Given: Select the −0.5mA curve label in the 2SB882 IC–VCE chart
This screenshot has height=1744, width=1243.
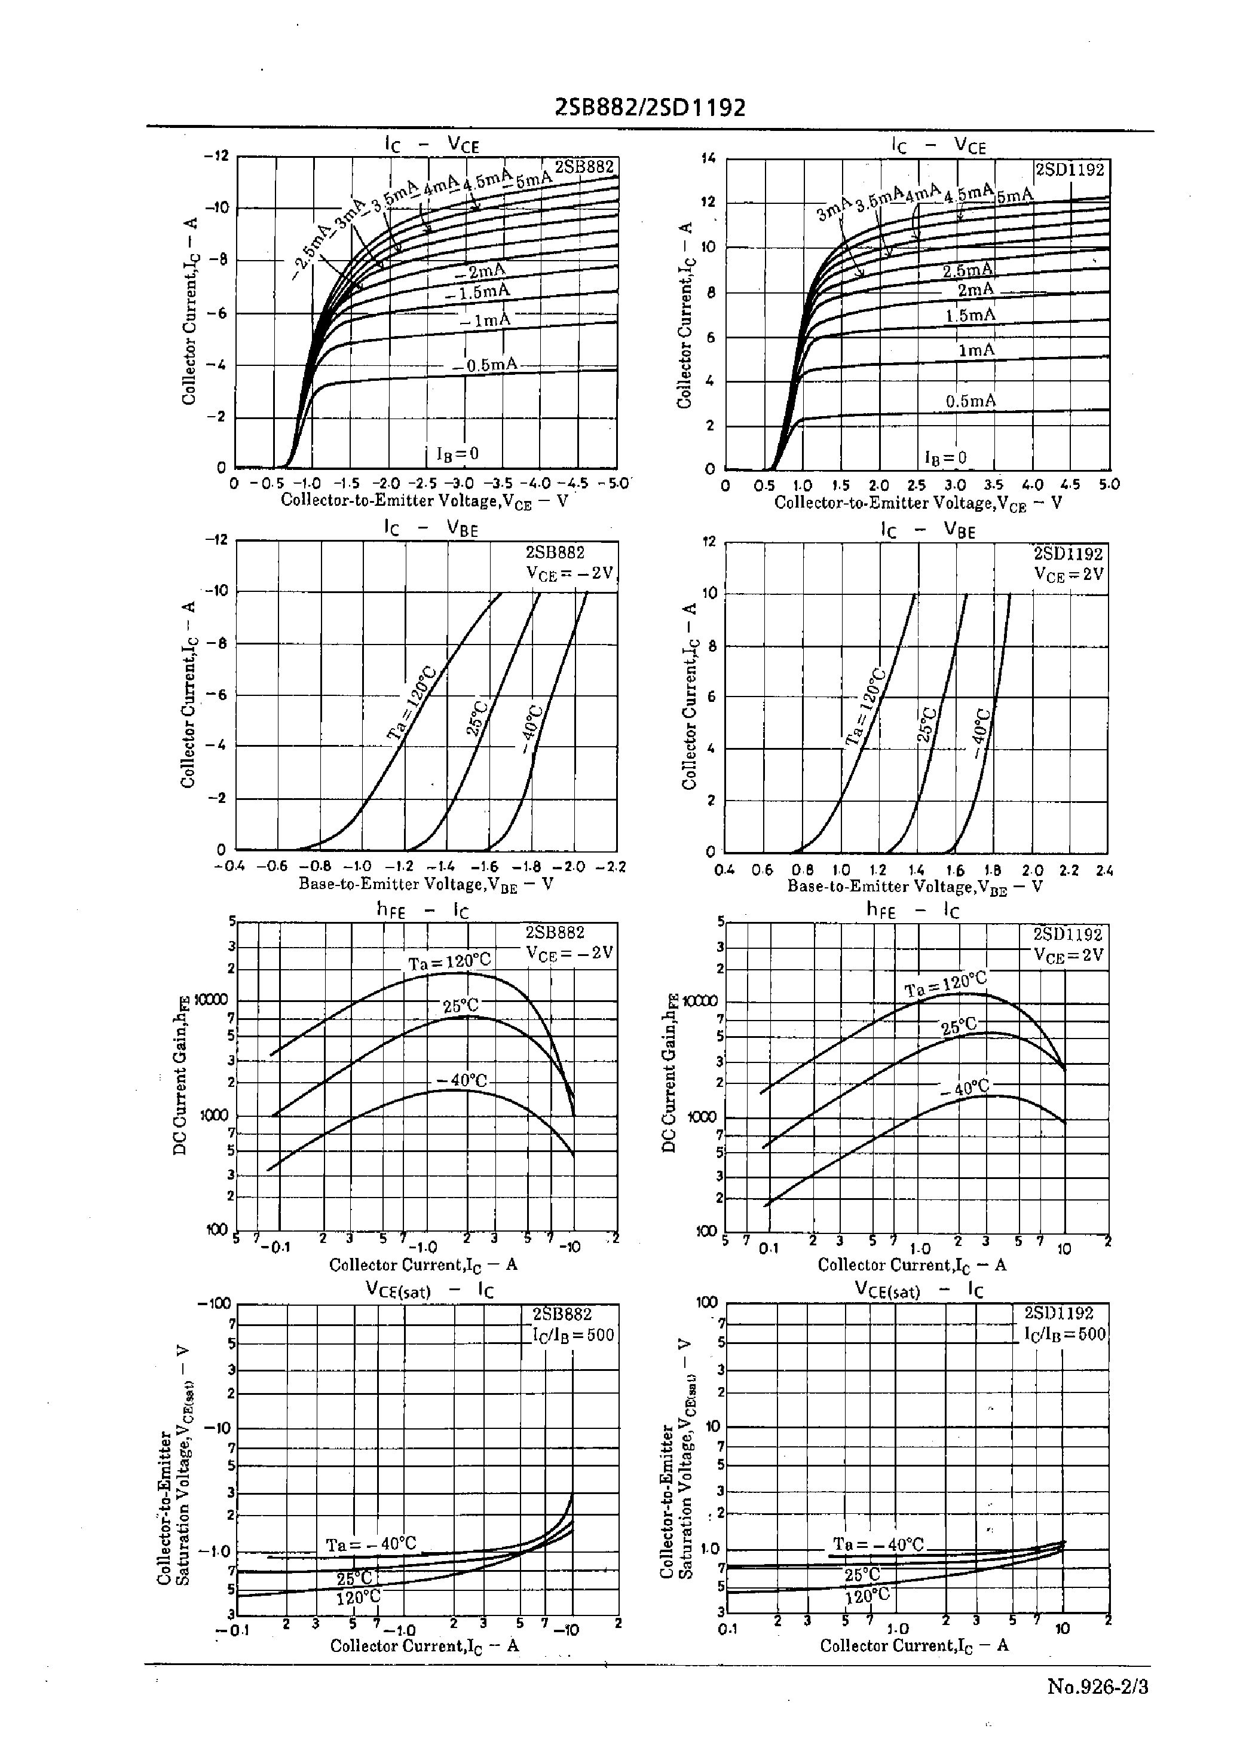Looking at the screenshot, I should pos(485,365).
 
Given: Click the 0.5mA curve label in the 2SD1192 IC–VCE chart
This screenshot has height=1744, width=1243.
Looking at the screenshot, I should pos(970,401).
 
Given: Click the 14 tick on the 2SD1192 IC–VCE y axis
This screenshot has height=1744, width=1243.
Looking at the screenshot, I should pos(709,159).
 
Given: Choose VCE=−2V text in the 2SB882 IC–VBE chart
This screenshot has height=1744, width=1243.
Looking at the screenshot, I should pos(570,573).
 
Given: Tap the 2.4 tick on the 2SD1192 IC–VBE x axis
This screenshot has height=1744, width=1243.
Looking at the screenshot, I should pos(1104,871).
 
